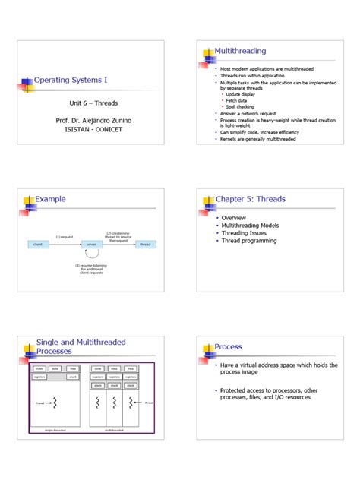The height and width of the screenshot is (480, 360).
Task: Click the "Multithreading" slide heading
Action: click(241, 51)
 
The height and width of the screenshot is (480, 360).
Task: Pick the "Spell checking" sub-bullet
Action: click(242, 106)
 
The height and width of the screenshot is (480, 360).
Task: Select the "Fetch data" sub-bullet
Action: click(236, 100)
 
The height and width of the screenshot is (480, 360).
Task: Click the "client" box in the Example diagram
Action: click(37, 244)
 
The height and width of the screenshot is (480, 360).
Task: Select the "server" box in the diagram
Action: click(91, 244)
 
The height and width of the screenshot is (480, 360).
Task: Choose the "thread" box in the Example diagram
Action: click(145, 244)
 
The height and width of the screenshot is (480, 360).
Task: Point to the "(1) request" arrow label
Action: click(63, 237)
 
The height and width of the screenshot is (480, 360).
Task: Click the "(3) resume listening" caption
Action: click(91, 266)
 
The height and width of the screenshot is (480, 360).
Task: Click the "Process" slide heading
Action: click(228, 346)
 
